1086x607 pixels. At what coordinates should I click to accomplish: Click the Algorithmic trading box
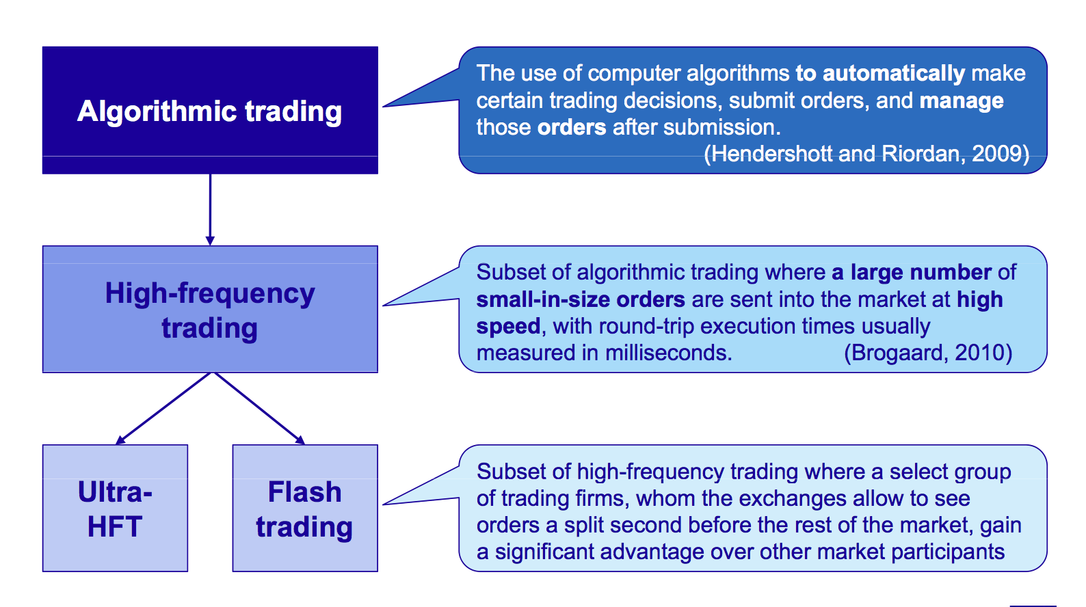pos(210,110)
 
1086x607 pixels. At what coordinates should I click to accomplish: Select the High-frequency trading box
pos(210,309)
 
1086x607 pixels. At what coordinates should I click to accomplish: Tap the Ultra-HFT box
pos(115,508)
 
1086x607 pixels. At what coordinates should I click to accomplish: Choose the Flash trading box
pos(305,508)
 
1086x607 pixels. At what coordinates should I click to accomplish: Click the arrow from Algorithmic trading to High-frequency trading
pos(210,210)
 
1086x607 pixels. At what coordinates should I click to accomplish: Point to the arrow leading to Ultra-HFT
pos(164,408)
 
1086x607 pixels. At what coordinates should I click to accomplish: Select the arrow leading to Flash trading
pos(259,408)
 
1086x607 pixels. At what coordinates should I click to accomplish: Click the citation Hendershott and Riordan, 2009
pos(866,154)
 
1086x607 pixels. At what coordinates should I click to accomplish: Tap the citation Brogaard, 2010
pos(928,352)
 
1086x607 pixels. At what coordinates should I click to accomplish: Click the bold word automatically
pos(894,74)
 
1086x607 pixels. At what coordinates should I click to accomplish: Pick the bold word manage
pos(962,100)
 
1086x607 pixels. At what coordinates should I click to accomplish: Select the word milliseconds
pos(669,352)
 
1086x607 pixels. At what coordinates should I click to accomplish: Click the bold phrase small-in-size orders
pos(581,299)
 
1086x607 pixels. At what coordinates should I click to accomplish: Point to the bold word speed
pos(508,326)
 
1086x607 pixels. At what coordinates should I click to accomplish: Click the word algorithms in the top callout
pos(737,74)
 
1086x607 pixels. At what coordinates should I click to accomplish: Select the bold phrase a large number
pos(912,272)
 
